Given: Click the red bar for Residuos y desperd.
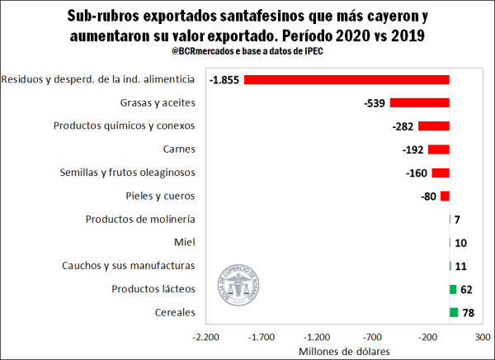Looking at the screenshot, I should (346, 80).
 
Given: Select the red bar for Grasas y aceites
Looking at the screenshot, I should (419, 103).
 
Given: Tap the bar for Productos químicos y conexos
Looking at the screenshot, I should (433, 126).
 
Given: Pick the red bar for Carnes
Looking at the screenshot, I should (438, 149).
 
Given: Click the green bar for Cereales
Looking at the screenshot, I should (454, 312).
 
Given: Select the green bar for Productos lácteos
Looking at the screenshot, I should (453, 289).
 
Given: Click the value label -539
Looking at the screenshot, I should (375, 103).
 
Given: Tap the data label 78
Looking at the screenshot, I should (468, 313).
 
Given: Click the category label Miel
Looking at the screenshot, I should (185, 243).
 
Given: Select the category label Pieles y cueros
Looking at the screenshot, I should (156, 196).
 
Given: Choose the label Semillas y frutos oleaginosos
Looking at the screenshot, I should (127, 173).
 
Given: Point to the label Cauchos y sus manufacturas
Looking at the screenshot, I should (128, 266).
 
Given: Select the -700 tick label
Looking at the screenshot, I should (372, 338).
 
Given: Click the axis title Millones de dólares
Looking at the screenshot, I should (344, 350).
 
